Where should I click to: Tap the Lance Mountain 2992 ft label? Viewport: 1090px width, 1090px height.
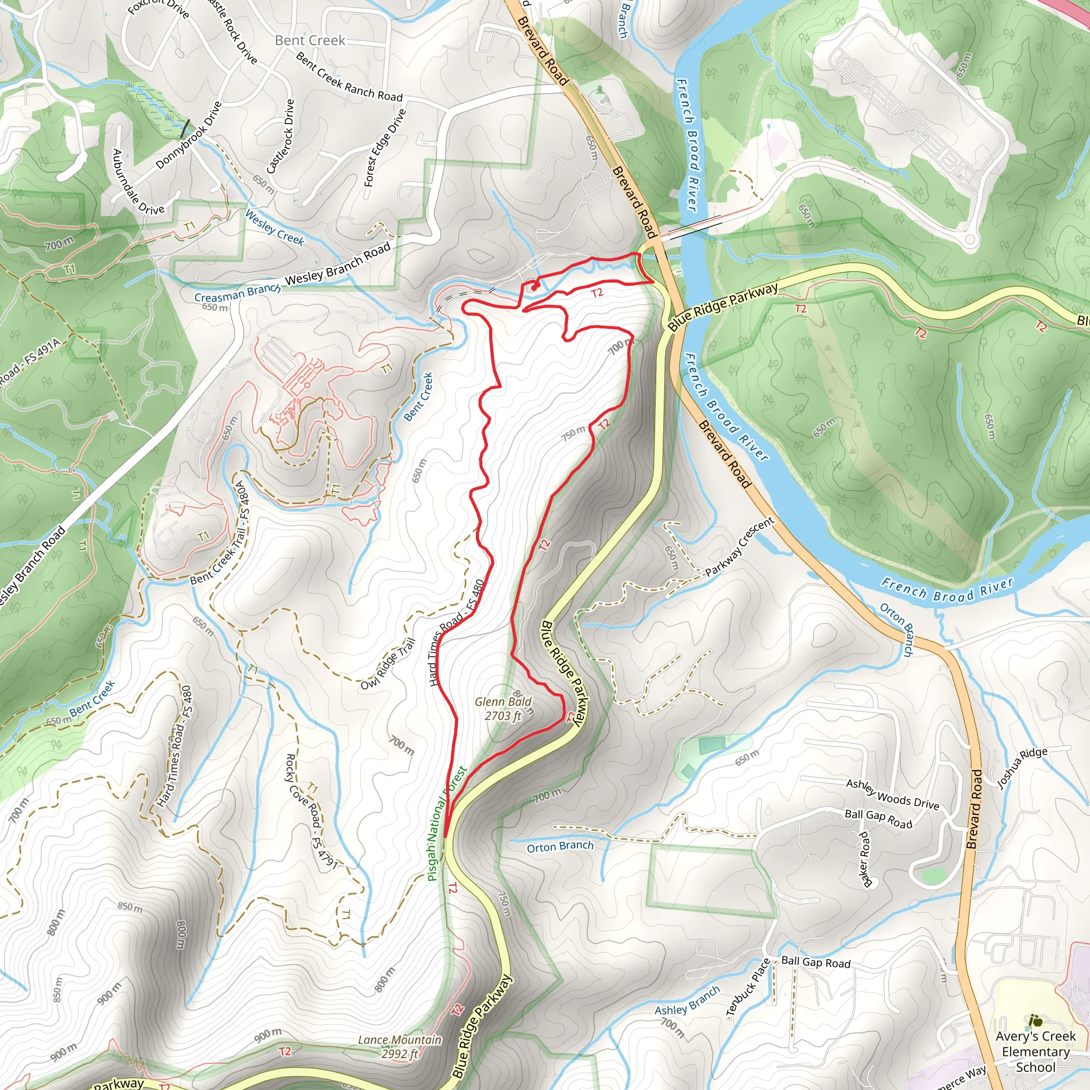pyautogui.click(x=400, y=1047)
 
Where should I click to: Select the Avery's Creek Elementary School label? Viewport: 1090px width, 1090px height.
pyautogui.click(x=1035, y=1052)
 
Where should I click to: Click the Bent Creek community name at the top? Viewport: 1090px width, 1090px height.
pyautogui.click(x=310, y=40)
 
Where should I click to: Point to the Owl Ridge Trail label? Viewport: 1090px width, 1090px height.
pyautogui.click(x=387, y=664)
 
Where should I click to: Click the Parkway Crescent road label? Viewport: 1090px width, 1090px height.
pyautogui.click(x=740, y=547)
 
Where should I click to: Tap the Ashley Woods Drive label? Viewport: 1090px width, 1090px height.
pyautogui.click(x=892, y=795)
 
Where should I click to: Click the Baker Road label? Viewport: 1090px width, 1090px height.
pyautogui.click(x=864, y=858)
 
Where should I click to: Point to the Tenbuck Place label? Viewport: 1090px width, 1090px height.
pyautogui.click(x=748, y=988)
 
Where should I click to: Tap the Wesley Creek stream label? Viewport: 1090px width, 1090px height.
pyautogui.click(x=275, y=227)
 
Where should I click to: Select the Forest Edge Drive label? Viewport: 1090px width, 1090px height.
pyautogui.click(x=385, y=148)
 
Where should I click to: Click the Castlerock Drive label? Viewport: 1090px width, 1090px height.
pyautogui.click(x=280, y=137)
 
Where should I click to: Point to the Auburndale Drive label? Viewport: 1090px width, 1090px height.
pyautogui.click(x=138, y=181)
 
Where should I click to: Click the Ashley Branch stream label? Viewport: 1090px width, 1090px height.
pyautogui.click(x=687, y=1000)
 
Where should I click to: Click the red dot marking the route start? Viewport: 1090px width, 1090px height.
pyautogui.click(x=534, y=287)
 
